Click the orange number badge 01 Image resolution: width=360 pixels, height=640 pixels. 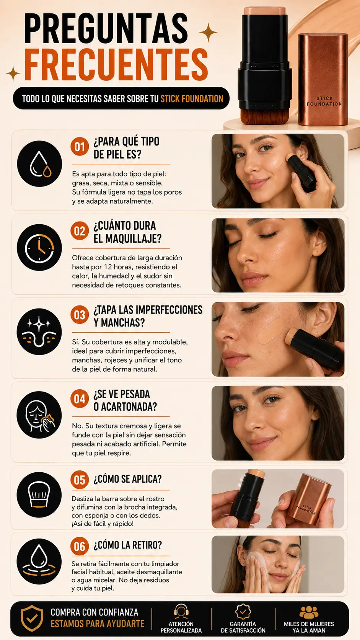pos(80,147)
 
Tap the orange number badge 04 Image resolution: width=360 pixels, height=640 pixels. pos(80,398)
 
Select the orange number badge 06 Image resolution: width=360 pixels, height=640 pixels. pos(80,546)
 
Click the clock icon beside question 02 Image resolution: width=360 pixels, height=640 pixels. pos(39,247)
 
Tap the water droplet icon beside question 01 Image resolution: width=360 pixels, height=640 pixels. pos(39,164)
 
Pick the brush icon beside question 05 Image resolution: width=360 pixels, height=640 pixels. pos(39,495)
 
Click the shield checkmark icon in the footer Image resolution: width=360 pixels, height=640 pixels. pos(32,618)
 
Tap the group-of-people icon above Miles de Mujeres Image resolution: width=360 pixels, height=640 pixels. pos(309,612)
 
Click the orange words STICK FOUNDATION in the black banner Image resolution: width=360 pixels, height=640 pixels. pos(192,99)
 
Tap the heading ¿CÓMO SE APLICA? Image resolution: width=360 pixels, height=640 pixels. pos(128,479)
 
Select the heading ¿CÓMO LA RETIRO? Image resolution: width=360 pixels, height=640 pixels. pos(128,545)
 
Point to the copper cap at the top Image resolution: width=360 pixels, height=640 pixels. pos(323,80)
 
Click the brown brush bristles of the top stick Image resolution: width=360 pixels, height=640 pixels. pos(265,117)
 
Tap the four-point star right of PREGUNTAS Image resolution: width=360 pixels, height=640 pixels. pos(208,33)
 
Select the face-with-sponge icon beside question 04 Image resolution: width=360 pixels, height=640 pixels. pos(39,415)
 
